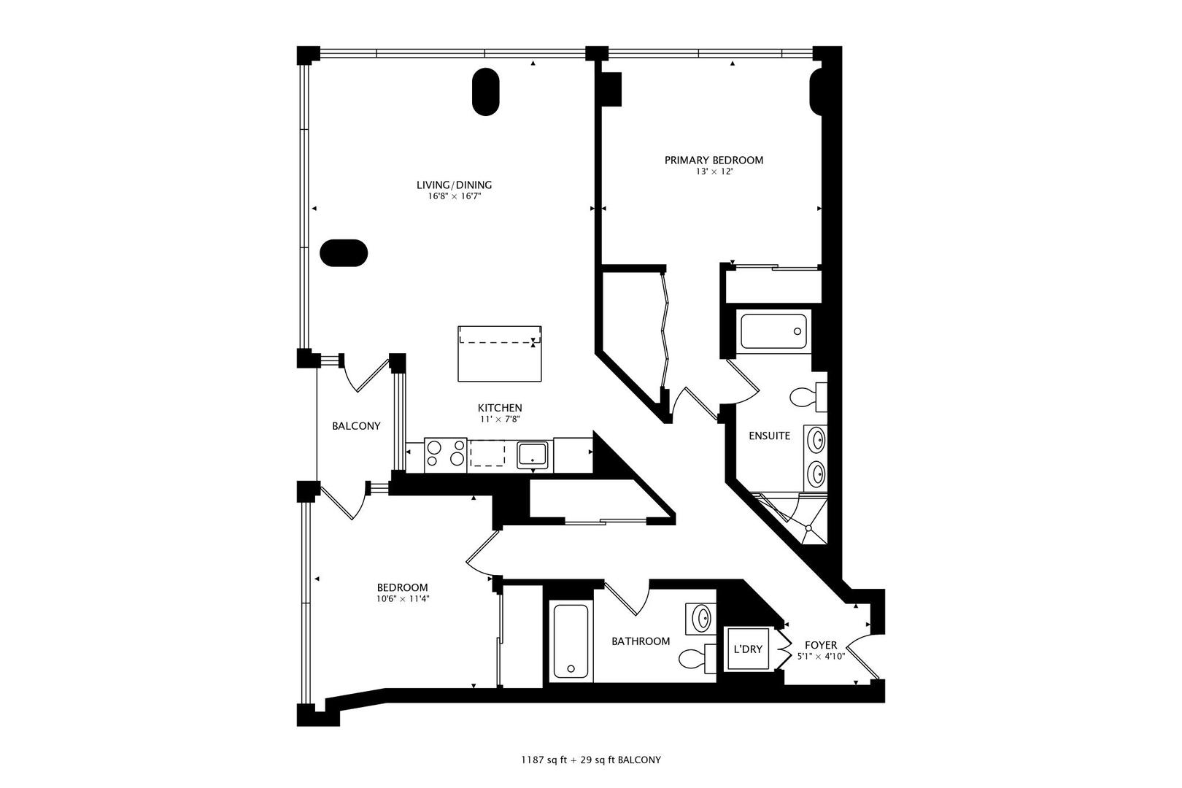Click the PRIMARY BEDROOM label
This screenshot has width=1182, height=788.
point(714,160)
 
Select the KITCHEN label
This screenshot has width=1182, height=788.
point(500,408)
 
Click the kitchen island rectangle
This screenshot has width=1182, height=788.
point(500,354)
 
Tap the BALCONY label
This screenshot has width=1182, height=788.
point(356,426)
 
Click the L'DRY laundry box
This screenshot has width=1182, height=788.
point(748,648)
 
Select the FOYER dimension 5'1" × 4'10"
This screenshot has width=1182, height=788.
point(821,657)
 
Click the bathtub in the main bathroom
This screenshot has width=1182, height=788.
point(571,641)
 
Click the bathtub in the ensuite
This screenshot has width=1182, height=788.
point(774,332)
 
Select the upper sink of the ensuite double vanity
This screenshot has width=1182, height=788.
point(817,441)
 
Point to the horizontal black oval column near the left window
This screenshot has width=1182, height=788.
point(344,253)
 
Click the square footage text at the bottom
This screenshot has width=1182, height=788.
point(590,760)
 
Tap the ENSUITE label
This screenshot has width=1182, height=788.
point(770,436)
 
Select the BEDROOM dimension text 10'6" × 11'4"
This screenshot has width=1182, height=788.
point(402,599)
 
